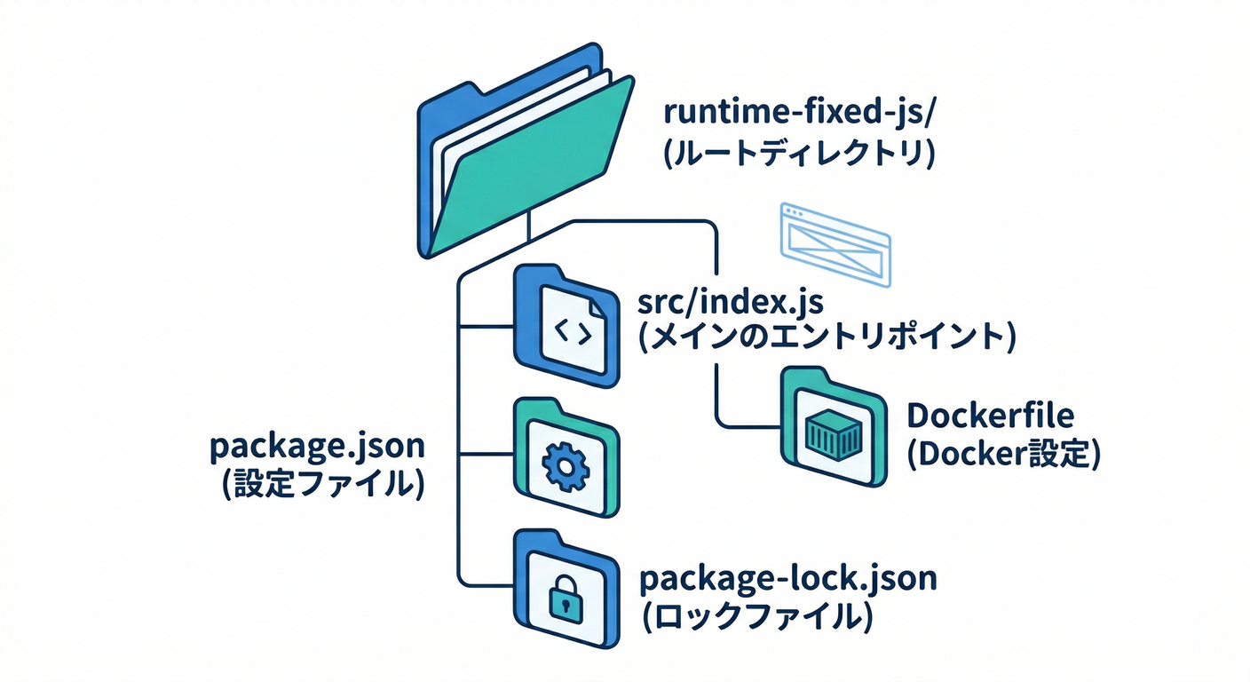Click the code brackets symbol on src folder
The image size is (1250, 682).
coord(572,332)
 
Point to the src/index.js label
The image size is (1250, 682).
coord(731,302)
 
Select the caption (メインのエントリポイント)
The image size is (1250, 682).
coord(827,337)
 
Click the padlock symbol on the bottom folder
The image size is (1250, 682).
coord(563,601)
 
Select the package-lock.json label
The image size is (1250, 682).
coord(787,578)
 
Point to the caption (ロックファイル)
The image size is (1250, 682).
coord(754,616)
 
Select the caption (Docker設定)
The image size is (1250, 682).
coord(1003,453)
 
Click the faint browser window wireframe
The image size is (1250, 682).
coord(834,242)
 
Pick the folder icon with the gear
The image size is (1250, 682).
coord(566,457)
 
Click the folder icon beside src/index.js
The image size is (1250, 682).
coord(566,327)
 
